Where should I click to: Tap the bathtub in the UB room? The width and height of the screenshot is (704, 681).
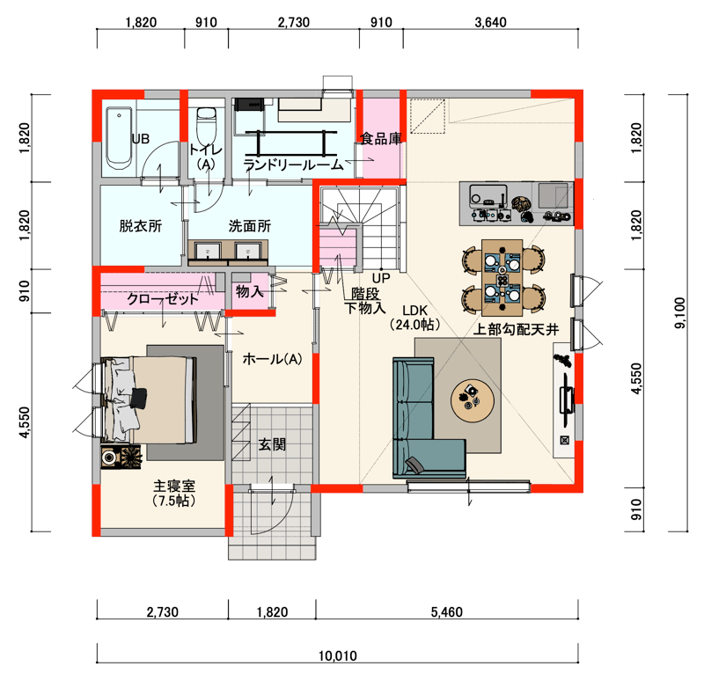[119, 138]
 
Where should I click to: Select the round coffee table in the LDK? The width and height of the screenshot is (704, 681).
[473, 400]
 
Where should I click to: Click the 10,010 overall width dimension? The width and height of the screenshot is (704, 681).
[338, 655]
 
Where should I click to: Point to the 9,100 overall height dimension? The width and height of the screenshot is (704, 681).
[680, 313]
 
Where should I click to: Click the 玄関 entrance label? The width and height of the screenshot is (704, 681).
[272, 444]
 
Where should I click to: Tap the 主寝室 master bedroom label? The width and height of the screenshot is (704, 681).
[174, 486]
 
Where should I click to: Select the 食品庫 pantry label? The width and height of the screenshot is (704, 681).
[381, 139]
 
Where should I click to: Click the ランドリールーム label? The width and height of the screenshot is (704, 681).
[294, 165]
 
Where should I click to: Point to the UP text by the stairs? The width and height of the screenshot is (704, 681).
[381, 278]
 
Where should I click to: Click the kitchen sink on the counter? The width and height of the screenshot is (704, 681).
[488, 194]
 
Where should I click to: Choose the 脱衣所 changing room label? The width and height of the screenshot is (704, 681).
[141, 226]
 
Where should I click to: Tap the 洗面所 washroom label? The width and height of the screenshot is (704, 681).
[250, 226]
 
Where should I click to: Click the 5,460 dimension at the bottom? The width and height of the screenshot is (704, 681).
[446, 611]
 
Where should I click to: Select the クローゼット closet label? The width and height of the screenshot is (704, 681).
[162, 299]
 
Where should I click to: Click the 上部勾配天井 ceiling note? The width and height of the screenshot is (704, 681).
[516, 330]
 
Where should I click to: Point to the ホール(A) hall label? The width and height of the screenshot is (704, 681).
[272, 359]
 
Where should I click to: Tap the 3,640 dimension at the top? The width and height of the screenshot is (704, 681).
[490, 23]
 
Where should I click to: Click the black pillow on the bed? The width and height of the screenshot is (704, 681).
[139, 398]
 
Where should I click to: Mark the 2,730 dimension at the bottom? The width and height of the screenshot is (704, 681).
[162, 611]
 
